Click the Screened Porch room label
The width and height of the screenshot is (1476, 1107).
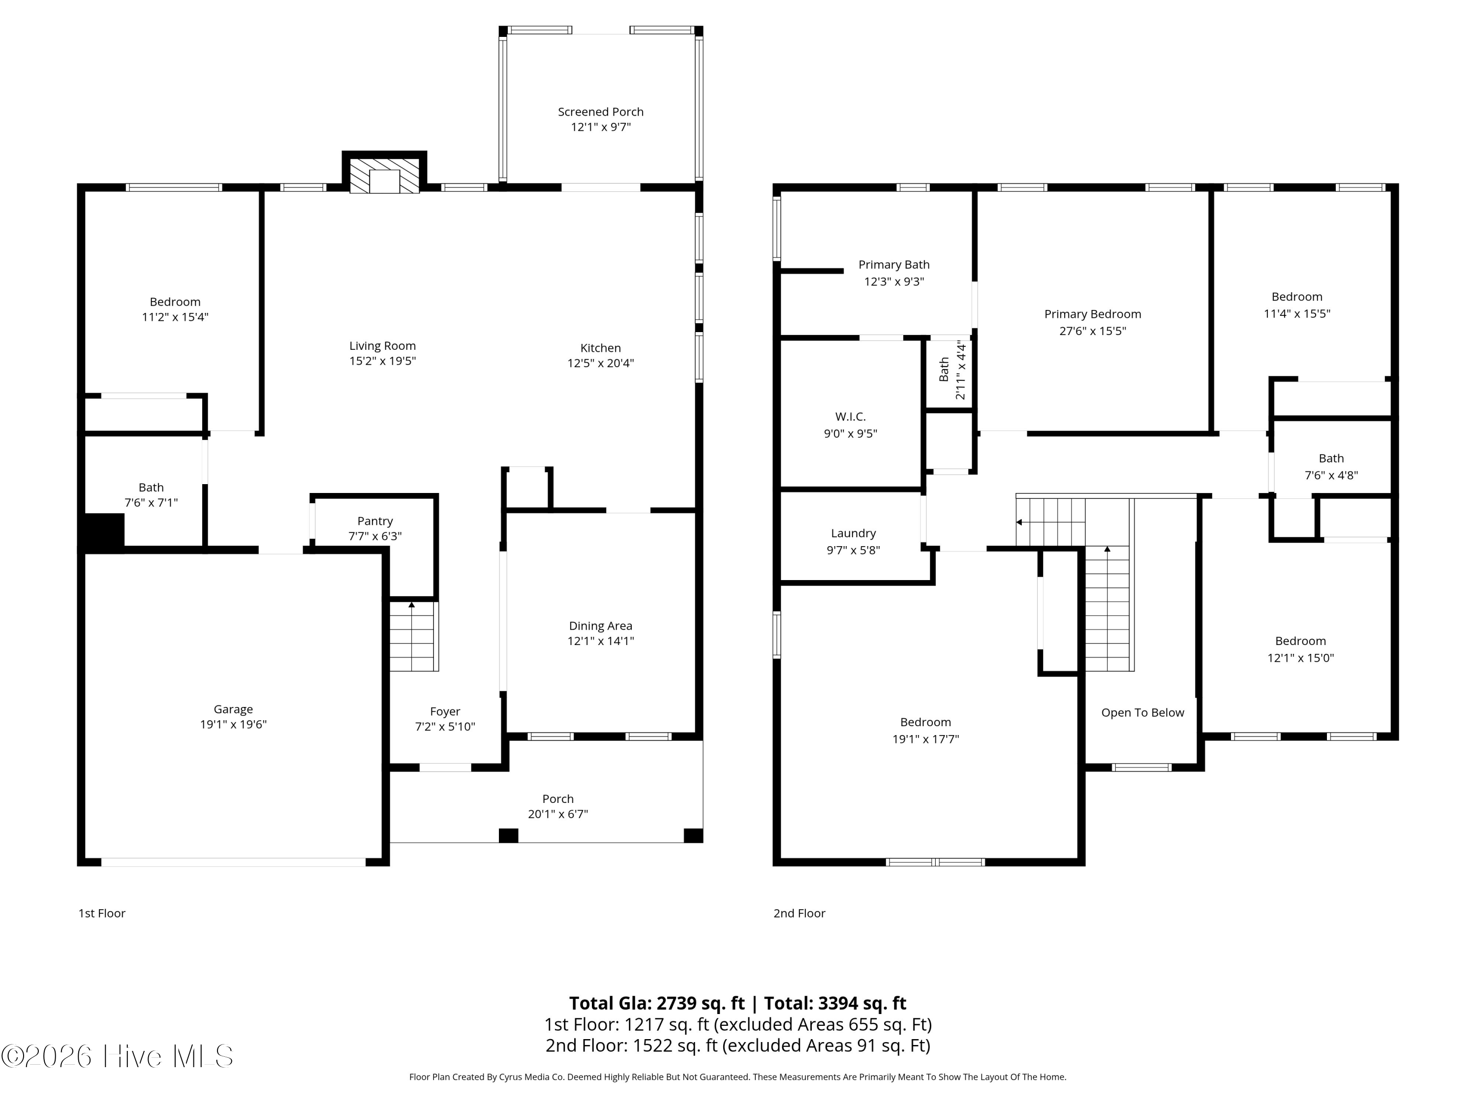(601, 111)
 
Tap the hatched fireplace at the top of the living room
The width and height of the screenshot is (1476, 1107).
(384, 176)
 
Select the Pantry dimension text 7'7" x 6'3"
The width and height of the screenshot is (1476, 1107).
(375, 536)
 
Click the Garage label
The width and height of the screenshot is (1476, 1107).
(233, 709)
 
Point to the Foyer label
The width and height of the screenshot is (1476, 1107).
(445, 711)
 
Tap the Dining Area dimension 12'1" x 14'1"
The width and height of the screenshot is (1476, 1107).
(601, 641)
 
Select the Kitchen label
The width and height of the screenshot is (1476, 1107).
(601, 348)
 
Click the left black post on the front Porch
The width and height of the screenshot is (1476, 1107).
(508, 835)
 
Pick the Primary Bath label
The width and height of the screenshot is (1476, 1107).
(893, 265)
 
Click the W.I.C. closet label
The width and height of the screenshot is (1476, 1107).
(850, 416)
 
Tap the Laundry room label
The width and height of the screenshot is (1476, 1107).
(853, 533)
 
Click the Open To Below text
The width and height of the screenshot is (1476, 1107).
(1142, 712)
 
